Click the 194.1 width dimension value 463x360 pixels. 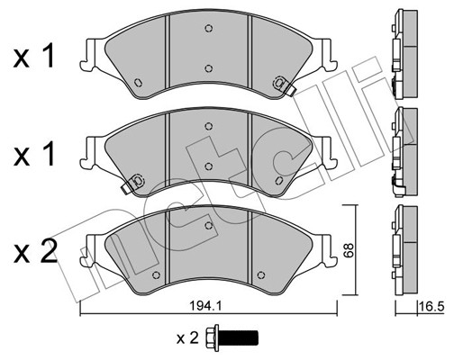tap(205, 306)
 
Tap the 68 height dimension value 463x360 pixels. tap(350, 250)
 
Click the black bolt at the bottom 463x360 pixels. tap(232, 338)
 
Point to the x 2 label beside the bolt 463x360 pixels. tap(187, 338)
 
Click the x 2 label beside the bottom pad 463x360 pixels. tap(35, 253)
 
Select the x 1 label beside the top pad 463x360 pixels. tap(33, 56)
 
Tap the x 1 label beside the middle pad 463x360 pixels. tap(33, 155)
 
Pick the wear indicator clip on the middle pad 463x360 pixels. tap(133, 183)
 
